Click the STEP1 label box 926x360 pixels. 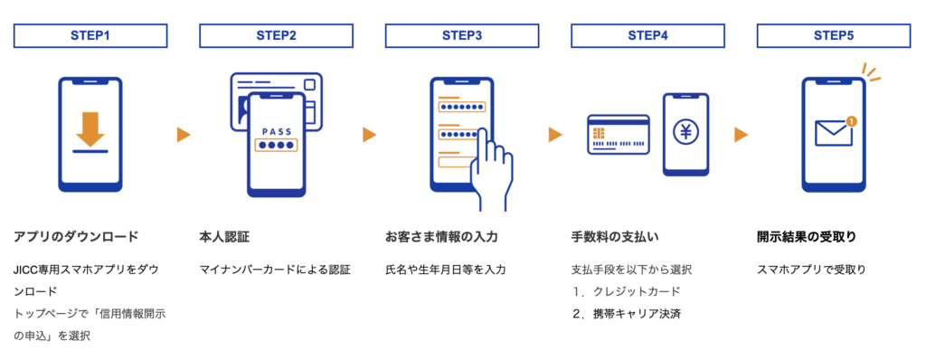(x=90, y=35)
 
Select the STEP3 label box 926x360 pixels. (x=462, y=35)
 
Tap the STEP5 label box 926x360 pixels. (x=833, y=35)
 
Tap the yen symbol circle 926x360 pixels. (x=685, y=133)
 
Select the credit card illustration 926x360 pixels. (x=619, y=134)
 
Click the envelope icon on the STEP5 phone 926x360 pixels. (x=833, y=132)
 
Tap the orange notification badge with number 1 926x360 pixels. (x=850, y=121)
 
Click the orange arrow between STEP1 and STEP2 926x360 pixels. (x=184, y=136)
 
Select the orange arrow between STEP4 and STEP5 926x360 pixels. (x=742, y=136)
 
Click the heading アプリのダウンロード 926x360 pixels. (x=76, y=237)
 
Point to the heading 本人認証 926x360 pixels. (x=224, y=237)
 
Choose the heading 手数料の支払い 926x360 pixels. (x=615, y=237)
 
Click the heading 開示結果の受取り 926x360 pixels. (x=806, y=237)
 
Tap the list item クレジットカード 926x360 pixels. (x=637, y=291)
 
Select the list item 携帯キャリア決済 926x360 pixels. (x=637, y=314)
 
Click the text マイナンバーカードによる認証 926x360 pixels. (x=275, y=270)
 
